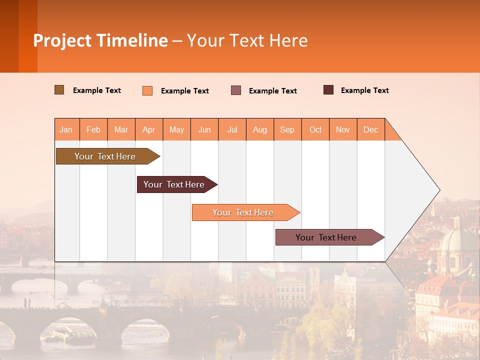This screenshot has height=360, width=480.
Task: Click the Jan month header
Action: pos(66,129)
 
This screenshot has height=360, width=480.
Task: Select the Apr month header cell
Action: pos(149,129)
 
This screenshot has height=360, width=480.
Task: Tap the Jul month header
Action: pos(232,129)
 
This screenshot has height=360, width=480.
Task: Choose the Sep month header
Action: pos(287,129)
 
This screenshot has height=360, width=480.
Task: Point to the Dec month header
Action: pos(370,129)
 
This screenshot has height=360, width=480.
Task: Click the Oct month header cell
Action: pos(315,129)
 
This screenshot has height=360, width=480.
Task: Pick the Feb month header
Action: pos(93,129)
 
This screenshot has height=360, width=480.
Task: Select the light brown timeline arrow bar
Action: pos(105,156)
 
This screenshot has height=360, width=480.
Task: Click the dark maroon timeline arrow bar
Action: pos(174,184)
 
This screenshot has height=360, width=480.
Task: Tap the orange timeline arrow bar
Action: pos(243,212)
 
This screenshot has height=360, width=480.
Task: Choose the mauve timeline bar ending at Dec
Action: pos(326,237)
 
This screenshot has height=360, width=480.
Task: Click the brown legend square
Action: pos(59,90)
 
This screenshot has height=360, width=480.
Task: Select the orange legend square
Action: pos(147,90)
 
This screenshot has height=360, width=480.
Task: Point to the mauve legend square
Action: pos(236,90)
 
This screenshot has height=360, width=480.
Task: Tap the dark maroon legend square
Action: pos(328,90)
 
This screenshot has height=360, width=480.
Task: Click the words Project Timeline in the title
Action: pos(100,40)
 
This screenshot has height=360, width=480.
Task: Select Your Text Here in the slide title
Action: pos(247,40)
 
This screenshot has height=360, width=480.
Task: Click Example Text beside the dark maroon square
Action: pos(364,90)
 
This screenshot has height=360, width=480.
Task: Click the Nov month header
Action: pos(343,129)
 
